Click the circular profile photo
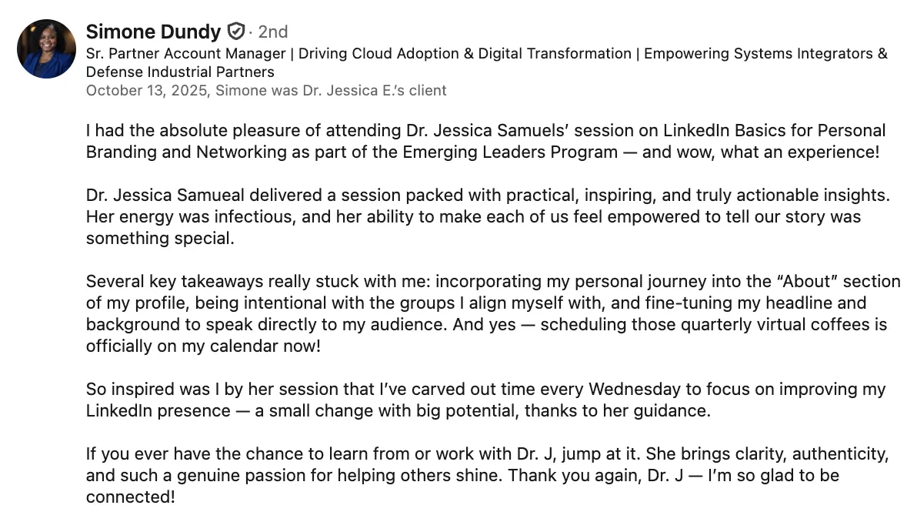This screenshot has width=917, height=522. (46, 49)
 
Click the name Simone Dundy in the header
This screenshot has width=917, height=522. (153, 32)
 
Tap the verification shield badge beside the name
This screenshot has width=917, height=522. (235, 31)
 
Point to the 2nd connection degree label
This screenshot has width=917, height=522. (273, 32)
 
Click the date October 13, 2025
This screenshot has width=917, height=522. (148, 91)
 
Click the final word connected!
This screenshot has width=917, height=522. (131, 497)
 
